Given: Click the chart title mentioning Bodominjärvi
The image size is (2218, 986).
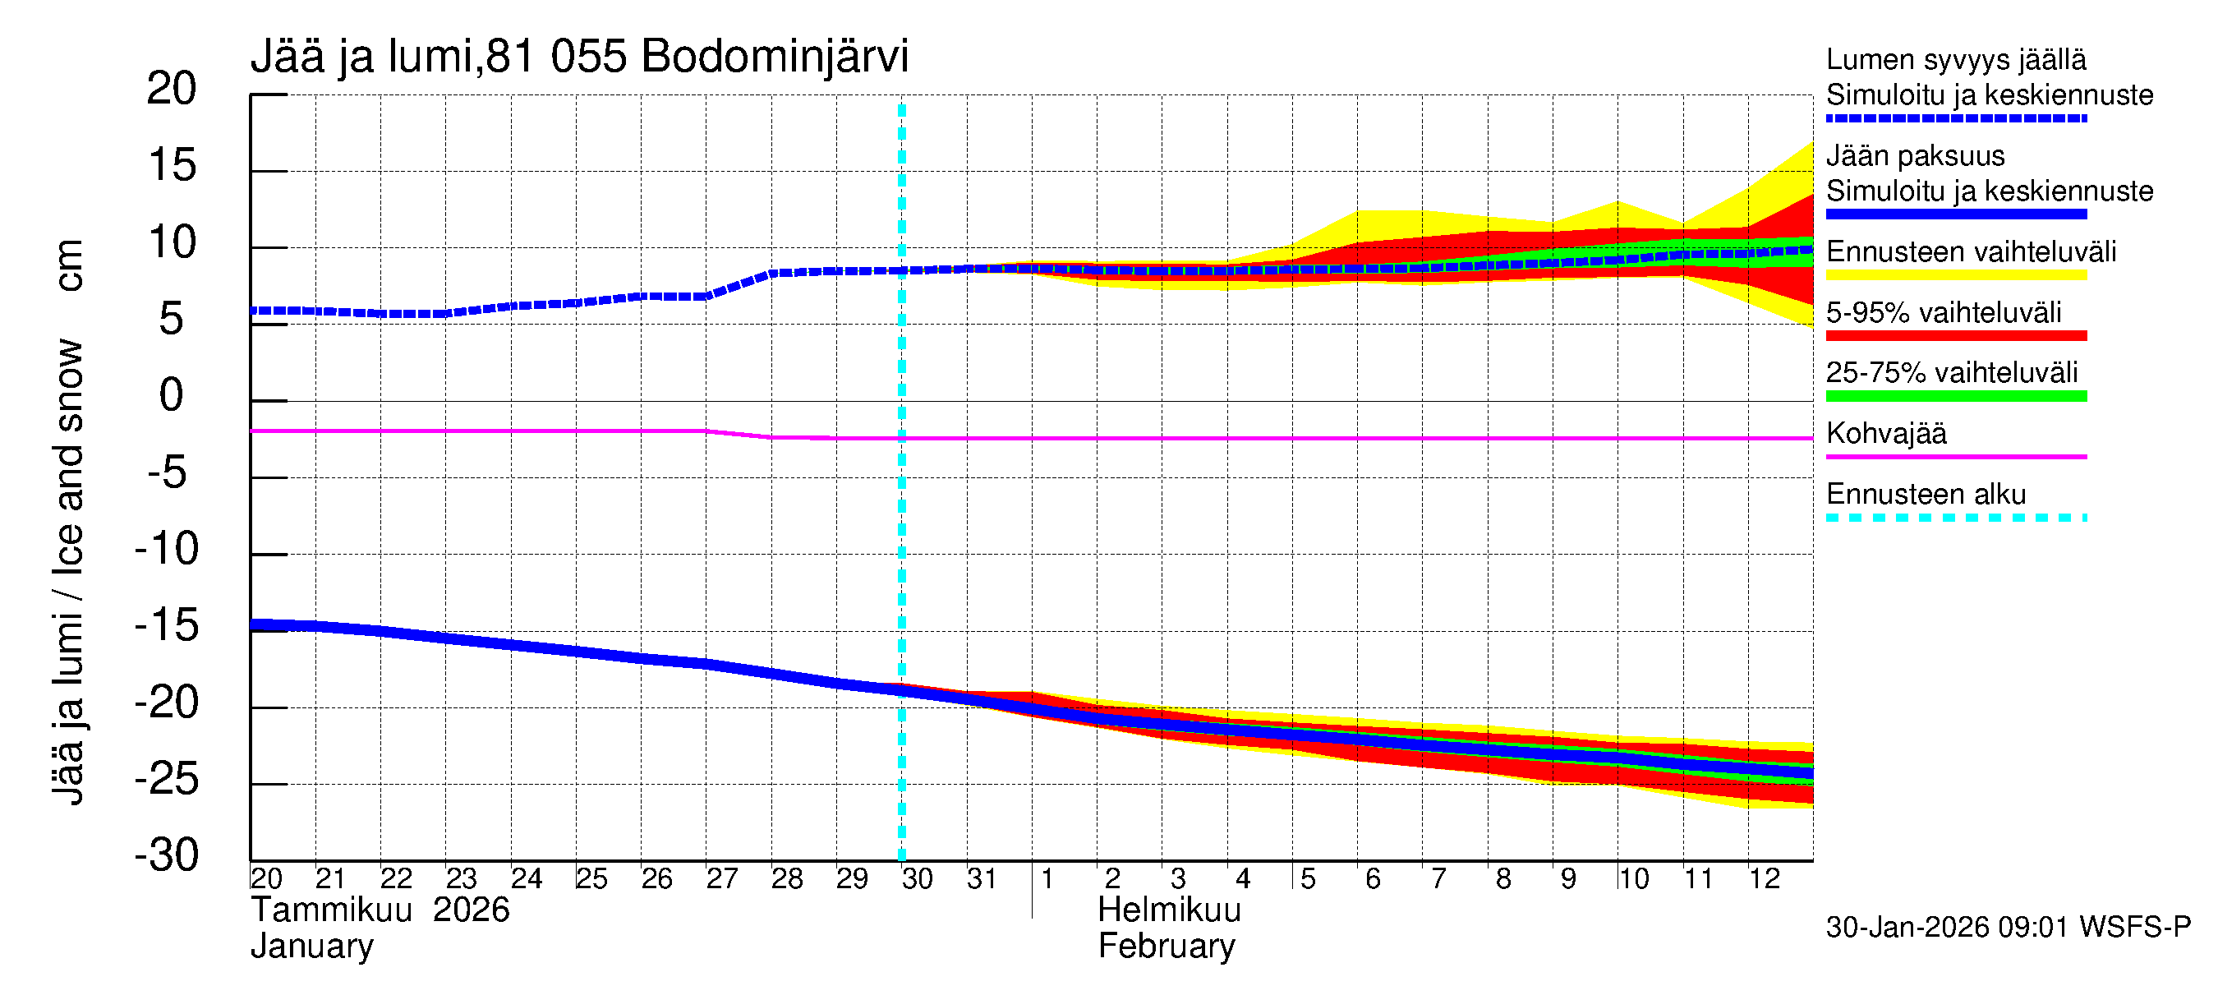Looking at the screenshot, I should click(x=578, y=57).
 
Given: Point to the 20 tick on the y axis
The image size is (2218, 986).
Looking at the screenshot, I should click(x=172, y=89).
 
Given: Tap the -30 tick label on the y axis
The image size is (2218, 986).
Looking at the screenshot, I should click(x=167, y=855).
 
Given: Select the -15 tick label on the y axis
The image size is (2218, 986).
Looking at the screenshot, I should click(x=167, y=625).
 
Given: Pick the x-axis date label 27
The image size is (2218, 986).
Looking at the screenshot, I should click(x=721, y=879).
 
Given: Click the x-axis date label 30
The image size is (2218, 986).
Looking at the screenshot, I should click(x=917, y=879).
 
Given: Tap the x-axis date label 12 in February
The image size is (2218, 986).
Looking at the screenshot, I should click(x=1764, y=879).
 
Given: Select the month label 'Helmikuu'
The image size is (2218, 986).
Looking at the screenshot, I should click(x=1168, y=910).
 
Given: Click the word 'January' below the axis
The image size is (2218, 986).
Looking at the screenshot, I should click(x=311, y=947).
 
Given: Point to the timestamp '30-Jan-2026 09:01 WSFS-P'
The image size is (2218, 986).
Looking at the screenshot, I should click(x=2008, y=928).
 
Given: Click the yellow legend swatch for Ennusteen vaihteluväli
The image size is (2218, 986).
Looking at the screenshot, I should click(x=1955, y=275).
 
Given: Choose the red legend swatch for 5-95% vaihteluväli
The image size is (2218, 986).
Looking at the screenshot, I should click(x=1955, y=336).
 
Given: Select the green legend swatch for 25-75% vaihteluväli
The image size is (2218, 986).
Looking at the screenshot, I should click(x=1955, y=396).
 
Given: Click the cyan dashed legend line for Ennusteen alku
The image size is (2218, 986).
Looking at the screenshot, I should click(x=1955, y=518).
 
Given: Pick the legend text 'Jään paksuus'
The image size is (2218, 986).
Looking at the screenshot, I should click(x=1915, y=156).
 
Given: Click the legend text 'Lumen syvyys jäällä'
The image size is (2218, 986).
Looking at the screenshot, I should click(x=1955, y=59).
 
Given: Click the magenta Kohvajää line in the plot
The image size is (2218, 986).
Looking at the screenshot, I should click(x=1291, y=438).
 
